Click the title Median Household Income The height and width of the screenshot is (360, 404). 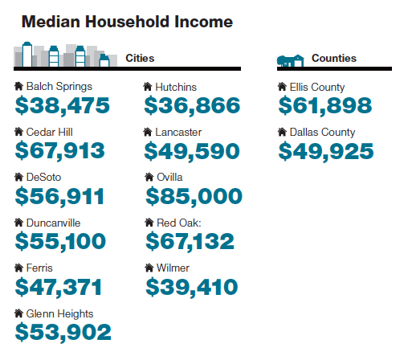pyautogui.click(x=127, y=22)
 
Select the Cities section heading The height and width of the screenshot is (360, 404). pyautogui.click(x=140, y=58)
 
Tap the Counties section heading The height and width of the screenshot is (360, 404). pyautogui.click(x=334, y=58)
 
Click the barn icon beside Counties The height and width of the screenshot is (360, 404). pyautogui.click(x=291, y=60)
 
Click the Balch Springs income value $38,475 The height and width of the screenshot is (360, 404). pyautogui.click(x=63, y=106)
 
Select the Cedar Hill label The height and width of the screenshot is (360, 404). pyautogui.click(x=50, y=132)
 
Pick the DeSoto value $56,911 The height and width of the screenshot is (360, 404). pyautogui.click(x=59, y=197)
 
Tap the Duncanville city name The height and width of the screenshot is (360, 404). pyautogui.click(x=53, y=223)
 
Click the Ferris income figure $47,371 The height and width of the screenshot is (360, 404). pyautogui.click(x=59, y=288)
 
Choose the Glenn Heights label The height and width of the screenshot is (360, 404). pyautogui.click(x=59, y=314)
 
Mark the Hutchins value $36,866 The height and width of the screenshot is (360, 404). pyautogui.click(x=192, y=106)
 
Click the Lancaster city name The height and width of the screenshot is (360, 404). pyautogui.click(x=178, y=132)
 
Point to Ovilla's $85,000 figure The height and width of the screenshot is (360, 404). pyautogui.click(x=194, y=196)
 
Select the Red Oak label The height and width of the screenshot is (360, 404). pyautogui.click(x=179, y=223)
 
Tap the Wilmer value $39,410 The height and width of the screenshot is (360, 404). pyautogui.click(x=192, y=288)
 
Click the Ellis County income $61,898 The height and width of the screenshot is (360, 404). pyautogui.click(x=325, y=106)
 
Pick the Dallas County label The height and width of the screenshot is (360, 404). pyautogui.click(x=322, y=133)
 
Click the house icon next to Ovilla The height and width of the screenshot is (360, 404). pyautogui.click(x=149, y=177)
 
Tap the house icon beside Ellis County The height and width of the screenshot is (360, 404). pyautogui.click(x=282, y=87)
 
